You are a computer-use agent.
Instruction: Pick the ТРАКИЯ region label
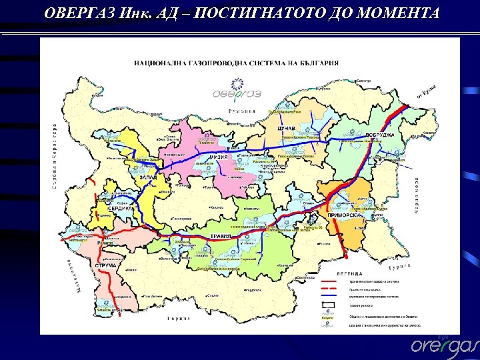pos(221,236)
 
